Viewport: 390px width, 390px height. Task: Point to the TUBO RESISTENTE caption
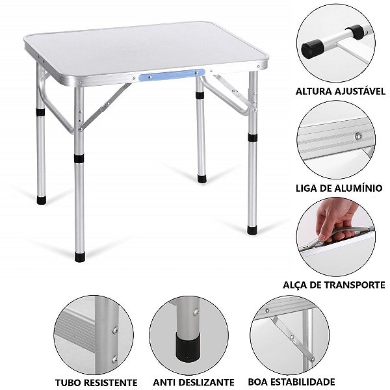[x=96, y=382]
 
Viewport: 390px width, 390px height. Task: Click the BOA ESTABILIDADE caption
[x=292, y=382]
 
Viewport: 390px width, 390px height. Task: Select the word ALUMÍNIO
[x=360, y=187]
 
